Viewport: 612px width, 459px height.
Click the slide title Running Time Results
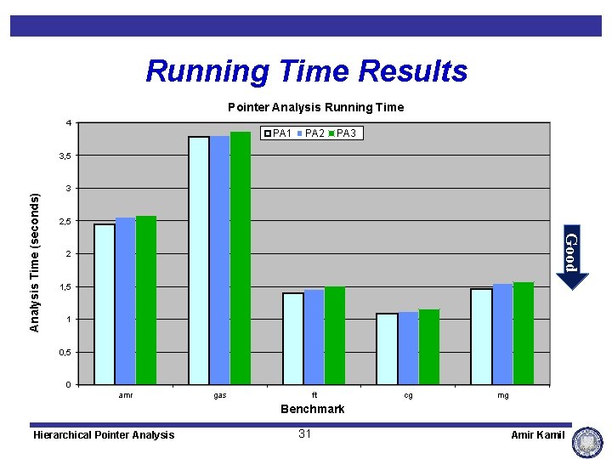pos(306,71)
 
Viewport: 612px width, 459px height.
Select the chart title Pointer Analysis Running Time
pos(315,107)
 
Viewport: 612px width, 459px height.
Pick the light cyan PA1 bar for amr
pos(105,303)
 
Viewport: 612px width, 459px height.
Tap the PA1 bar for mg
pos(481,337)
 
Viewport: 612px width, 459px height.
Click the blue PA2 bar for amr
pos(126,301)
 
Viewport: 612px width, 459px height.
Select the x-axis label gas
pos(220,395)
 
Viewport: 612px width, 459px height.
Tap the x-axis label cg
pos(409,395)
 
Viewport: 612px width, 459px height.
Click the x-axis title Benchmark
pos(313,409)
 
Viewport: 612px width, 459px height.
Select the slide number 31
pos(306,434)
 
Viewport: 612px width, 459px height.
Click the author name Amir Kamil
pos(537,435)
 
